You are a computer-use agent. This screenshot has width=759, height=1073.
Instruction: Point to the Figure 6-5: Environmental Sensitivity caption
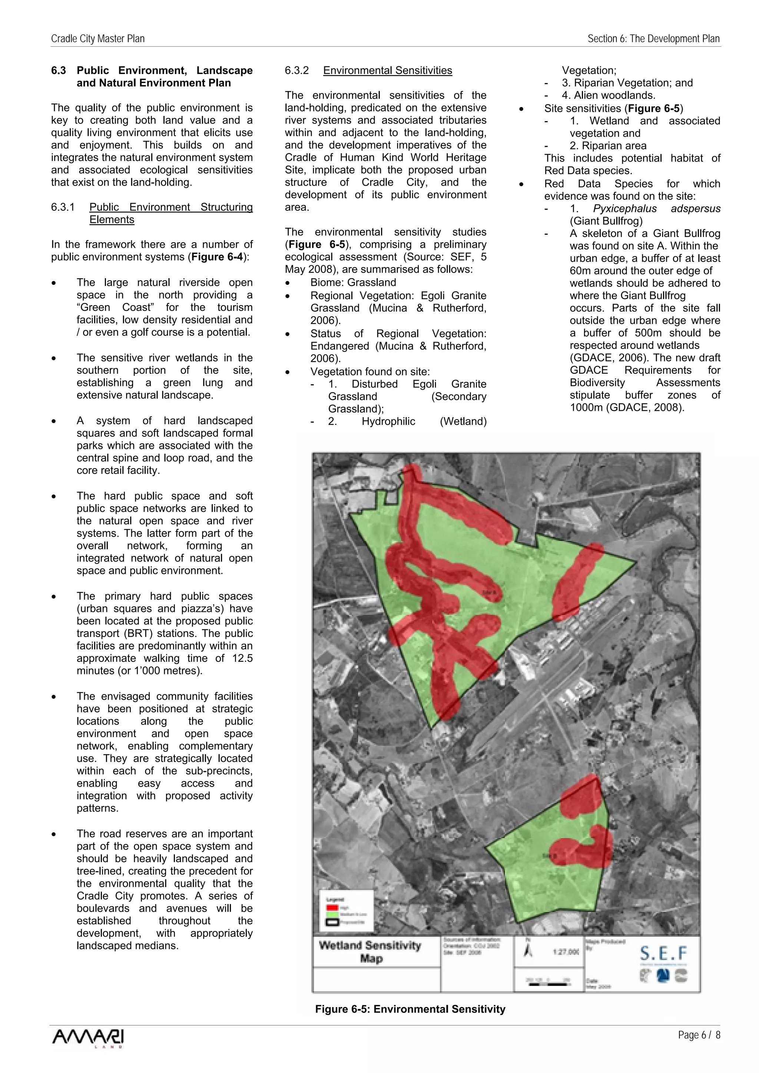coord(410,1009)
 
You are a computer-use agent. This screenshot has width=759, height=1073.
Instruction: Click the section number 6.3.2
coord(296,71)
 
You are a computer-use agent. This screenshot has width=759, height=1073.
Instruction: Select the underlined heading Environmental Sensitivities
coord(387,71)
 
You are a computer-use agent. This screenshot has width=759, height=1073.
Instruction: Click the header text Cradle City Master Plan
coord(98,39)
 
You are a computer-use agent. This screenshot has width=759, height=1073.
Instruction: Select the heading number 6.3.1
coord(63,207)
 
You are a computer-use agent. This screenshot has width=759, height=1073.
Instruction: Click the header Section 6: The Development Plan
coord(653,39)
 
